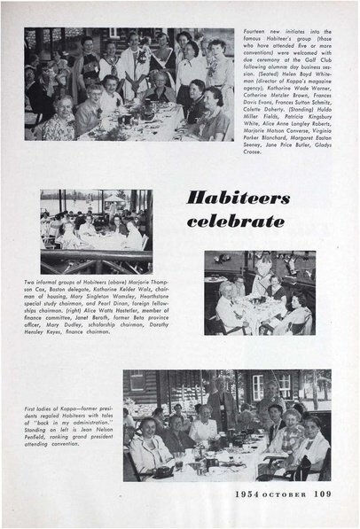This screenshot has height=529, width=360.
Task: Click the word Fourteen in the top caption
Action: [253, 30]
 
